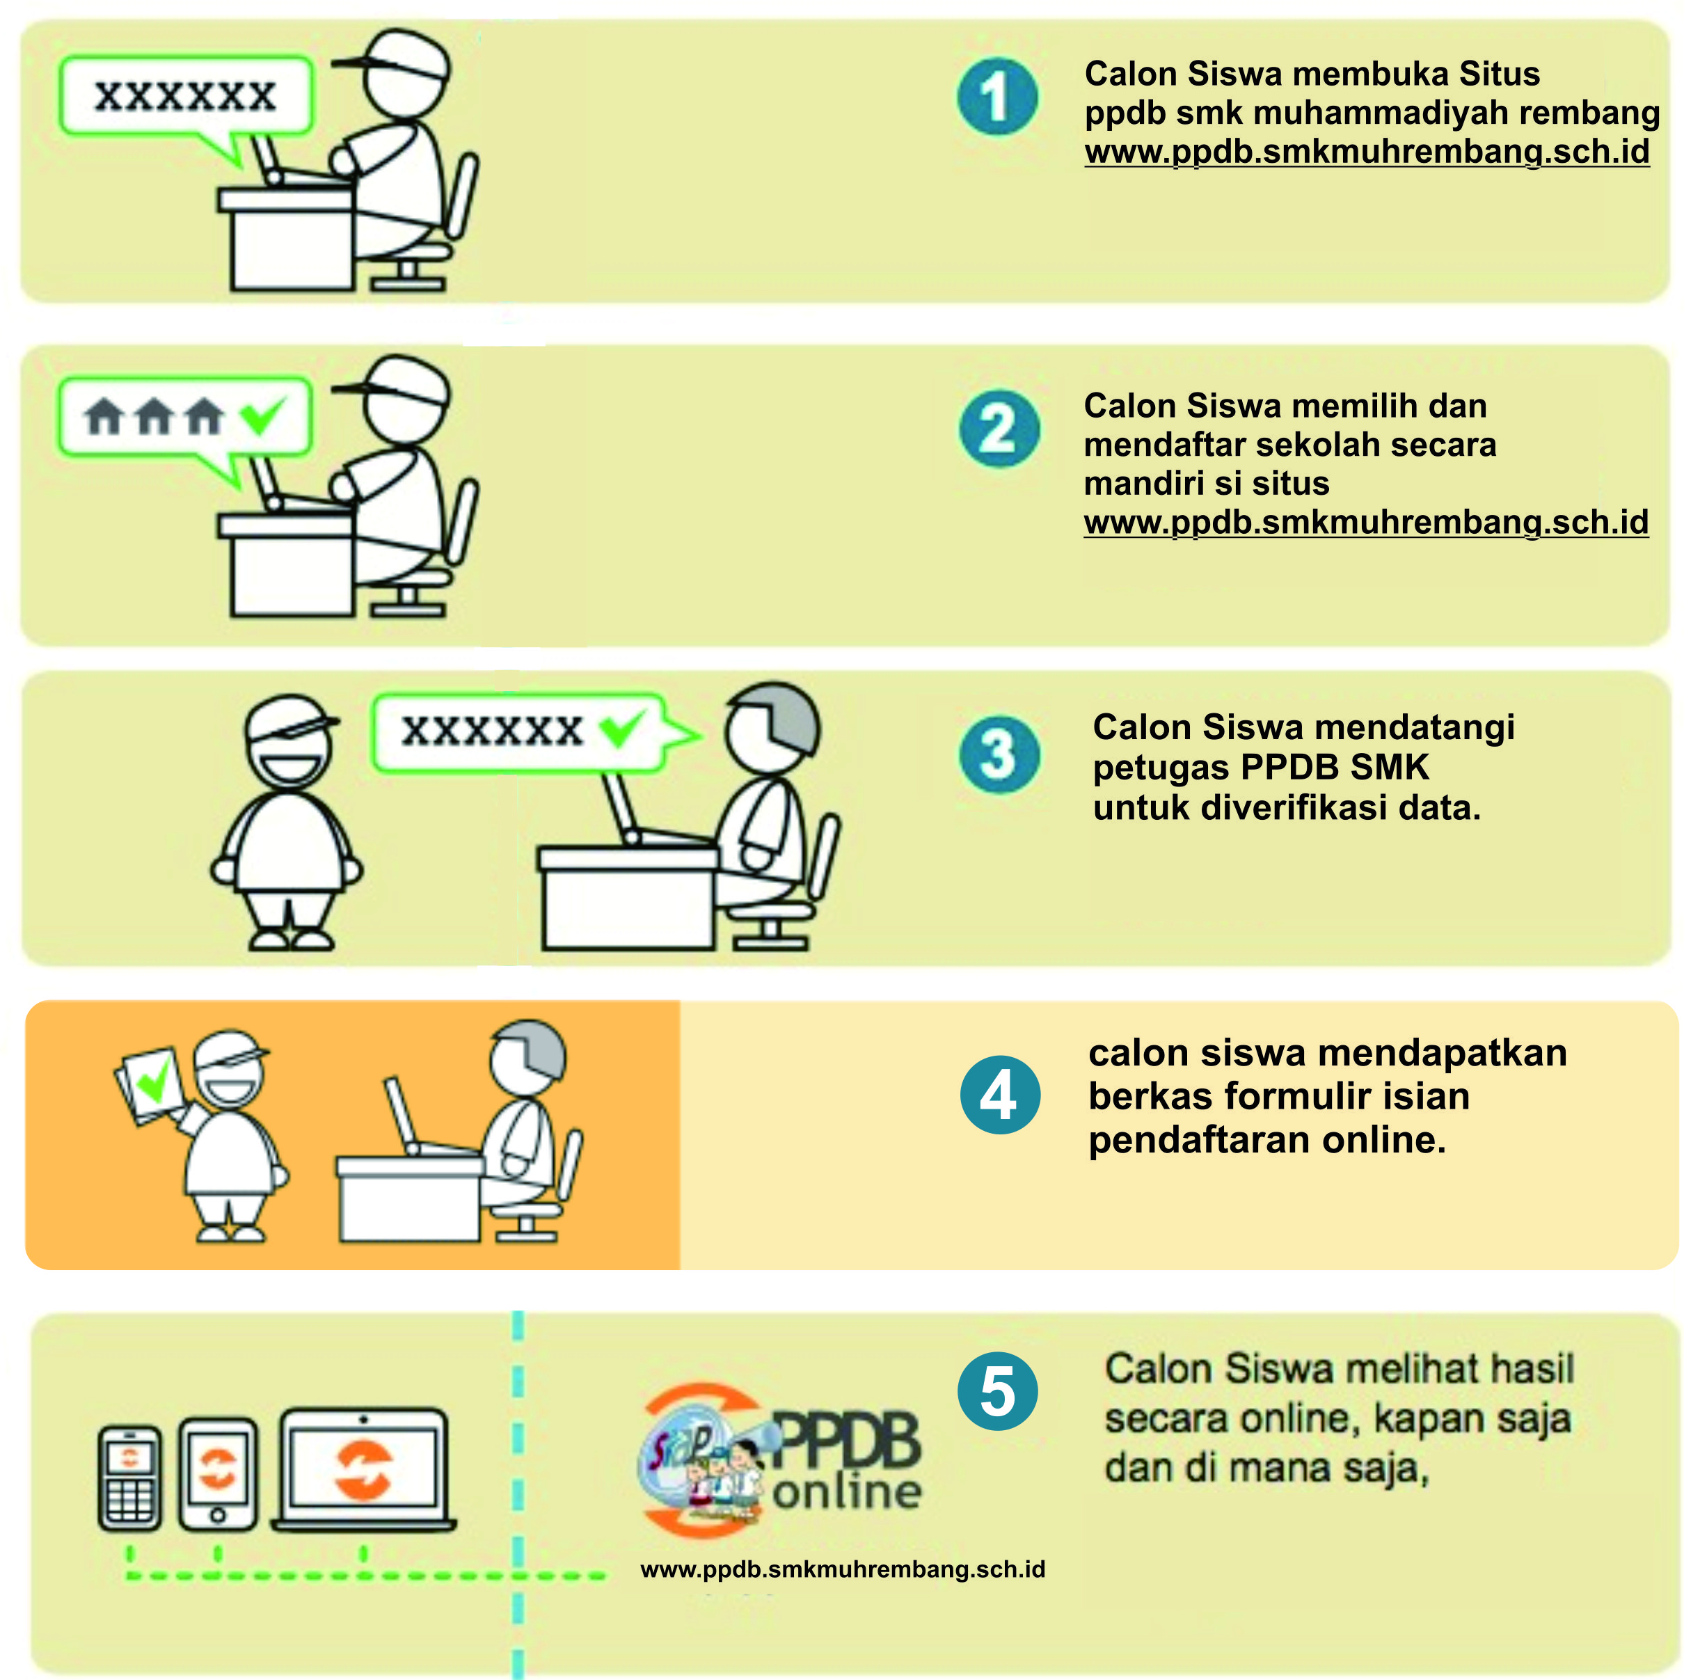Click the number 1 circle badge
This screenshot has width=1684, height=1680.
pos(997,96)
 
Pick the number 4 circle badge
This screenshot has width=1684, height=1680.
pos(1000,1094)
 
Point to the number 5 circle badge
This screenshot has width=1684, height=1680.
pos(997,1390)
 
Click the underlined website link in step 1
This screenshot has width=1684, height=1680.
pos(1366,152)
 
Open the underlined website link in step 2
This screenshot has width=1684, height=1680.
pos(1365,522)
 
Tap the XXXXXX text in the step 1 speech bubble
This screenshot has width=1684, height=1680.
pos(185,96)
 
